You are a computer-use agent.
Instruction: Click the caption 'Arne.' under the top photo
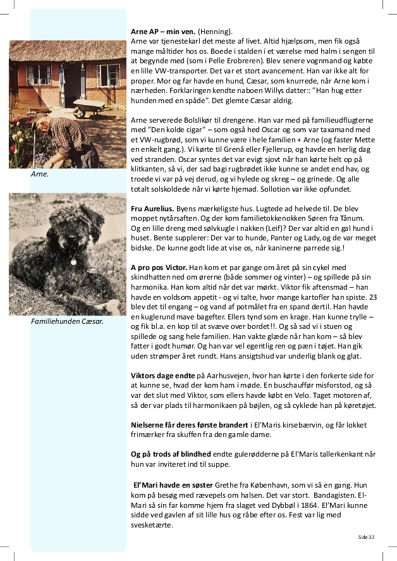[x=39, y=173]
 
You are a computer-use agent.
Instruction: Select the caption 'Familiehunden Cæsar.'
[x=67, y=321]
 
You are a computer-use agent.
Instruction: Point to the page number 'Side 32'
[x=366, y=536]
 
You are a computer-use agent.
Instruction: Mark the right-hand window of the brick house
[x=109, y=75]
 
